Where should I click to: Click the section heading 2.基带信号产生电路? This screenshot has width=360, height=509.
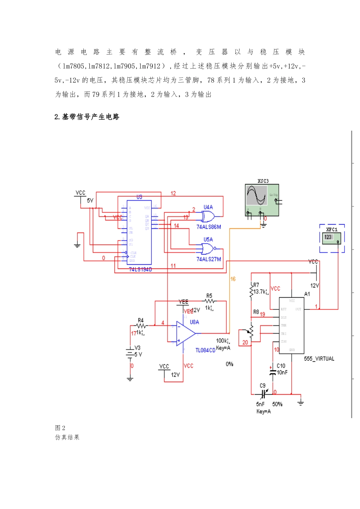[87, 117]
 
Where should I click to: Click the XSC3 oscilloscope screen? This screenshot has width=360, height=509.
[257, 195]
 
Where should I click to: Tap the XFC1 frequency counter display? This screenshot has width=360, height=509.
[328, 237]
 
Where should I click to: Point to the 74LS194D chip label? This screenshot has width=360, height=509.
[140, 269]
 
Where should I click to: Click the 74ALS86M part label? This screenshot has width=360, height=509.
[208, 227]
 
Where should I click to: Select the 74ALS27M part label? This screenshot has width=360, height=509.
[208, 259]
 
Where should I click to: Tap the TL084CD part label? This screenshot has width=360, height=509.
[205, 350]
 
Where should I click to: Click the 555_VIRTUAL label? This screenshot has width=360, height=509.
[319, 359]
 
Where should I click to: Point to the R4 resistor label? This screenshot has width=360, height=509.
[141, 320]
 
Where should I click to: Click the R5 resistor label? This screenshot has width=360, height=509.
[209, 296]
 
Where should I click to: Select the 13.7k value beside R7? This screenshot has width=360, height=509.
[261, 292]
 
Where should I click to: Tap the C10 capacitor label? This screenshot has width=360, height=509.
[281, 366]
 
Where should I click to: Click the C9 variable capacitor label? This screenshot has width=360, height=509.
[263, 386]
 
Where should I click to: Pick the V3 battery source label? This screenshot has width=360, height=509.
[138, 348]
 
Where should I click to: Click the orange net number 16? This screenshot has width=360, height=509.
[233, 279]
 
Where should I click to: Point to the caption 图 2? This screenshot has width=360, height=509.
[60, 428]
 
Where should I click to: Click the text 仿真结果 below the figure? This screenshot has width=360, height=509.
[67, 437]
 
